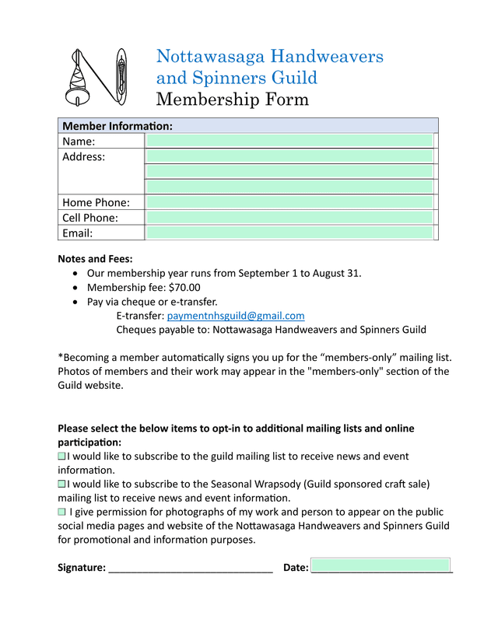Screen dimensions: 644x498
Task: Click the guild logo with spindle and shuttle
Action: (x=97, y=78)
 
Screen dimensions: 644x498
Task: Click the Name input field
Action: (x=289, y=141)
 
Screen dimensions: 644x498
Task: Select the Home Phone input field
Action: (x=289, y=202)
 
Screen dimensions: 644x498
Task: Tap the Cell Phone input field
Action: (x=289, y=218)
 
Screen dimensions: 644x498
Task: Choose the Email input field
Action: (x=289, y=233)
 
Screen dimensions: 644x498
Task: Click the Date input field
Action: (x=381, y=565)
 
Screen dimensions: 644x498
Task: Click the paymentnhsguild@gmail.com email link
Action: (x=236, y=316)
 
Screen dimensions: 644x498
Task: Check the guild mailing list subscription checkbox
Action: (x=62, y=457)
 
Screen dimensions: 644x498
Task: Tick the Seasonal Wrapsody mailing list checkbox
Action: (x=62, y=484)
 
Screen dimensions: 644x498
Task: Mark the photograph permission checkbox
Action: (x=62, y=512)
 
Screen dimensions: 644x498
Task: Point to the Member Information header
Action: (x=117, y=126)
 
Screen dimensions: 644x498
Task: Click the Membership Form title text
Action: (x=232, y=100)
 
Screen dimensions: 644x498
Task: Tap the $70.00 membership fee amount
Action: (x=184, y=288)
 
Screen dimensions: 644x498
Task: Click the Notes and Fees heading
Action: (x=95, y=259)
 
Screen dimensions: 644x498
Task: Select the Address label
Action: (x=83, y=157)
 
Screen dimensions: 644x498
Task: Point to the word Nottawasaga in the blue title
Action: (x=210, y=57)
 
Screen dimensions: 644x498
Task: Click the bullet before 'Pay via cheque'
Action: (x=74, y=302)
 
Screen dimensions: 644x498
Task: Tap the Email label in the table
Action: (x=78, y=233)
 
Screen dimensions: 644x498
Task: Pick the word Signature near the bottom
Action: (x=81, y=568)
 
